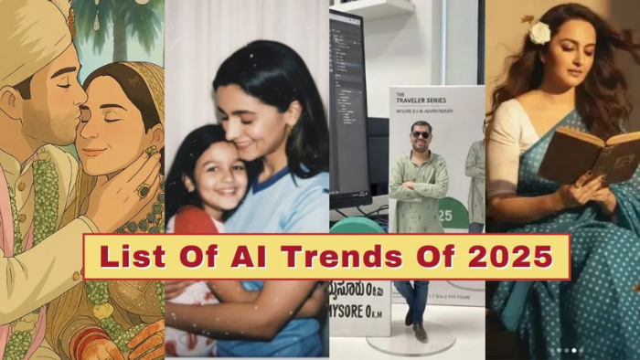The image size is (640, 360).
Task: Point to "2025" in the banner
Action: point(507,257)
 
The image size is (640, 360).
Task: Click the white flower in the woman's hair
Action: point(540,33)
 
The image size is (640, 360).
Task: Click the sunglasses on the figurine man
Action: point(421,133)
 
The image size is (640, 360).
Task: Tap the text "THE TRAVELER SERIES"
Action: point(430,103)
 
